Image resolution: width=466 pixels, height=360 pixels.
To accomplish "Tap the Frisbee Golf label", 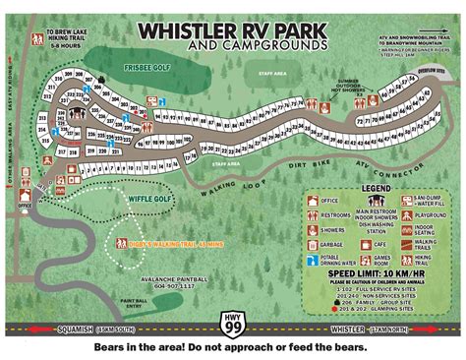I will tap(146, 69).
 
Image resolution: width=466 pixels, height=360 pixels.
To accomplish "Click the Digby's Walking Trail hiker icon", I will tap(122, 242).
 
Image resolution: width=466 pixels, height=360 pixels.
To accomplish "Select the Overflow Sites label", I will tap(432, 72).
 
